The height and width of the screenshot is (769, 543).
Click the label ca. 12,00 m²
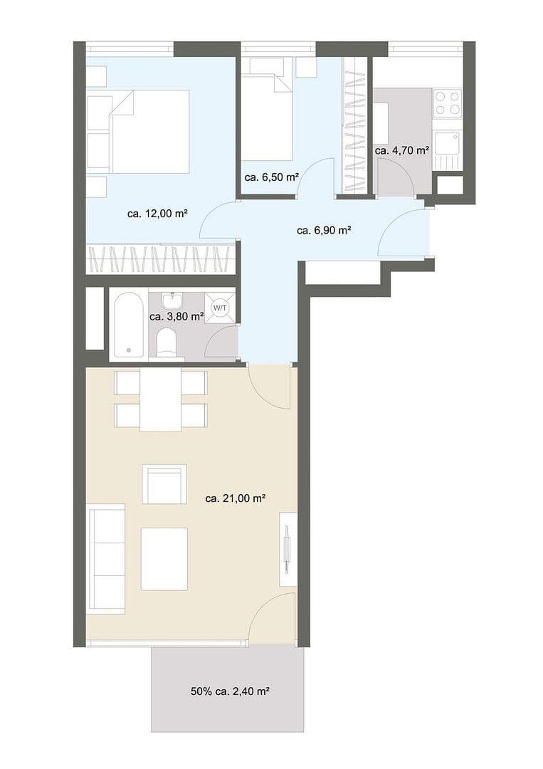[x=157, y=213]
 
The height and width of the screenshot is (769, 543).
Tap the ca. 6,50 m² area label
[x=270, y=178]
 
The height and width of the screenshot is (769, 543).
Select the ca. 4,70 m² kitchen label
[x=402, y=150]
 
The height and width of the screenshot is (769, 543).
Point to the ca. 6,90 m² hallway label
[x=324, y=230]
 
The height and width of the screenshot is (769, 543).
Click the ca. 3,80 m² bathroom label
[x=176, y=317]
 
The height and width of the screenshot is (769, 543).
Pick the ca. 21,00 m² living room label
[x=235, y=499]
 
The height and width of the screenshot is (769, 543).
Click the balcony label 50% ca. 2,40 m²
[x=229, y=691]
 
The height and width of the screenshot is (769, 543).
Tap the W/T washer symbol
[x=221, y=308]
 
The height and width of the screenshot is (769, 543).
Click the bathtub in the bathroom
[x=129, y=325]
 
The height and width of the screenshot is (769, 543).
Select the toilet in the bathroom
[x=168, y=342]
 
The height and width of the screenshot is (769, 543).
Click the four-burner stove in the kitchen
[x=448, y=103]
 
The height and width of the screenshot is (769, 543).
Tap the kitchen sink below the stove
[x=448, y=143]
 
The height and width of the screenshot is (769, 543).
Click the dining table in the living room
[x=161, y=400]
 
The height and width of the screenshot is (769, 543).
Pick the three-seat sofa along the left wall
[x=105, y=557]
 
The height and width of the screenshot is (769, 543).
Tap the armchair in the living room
[x=164, y=484]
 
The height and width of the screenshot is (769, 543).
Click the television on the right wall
[x=287, y=548]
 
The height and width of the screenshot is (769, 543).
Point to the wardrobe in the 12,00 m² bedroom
[x=160, y=259]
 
